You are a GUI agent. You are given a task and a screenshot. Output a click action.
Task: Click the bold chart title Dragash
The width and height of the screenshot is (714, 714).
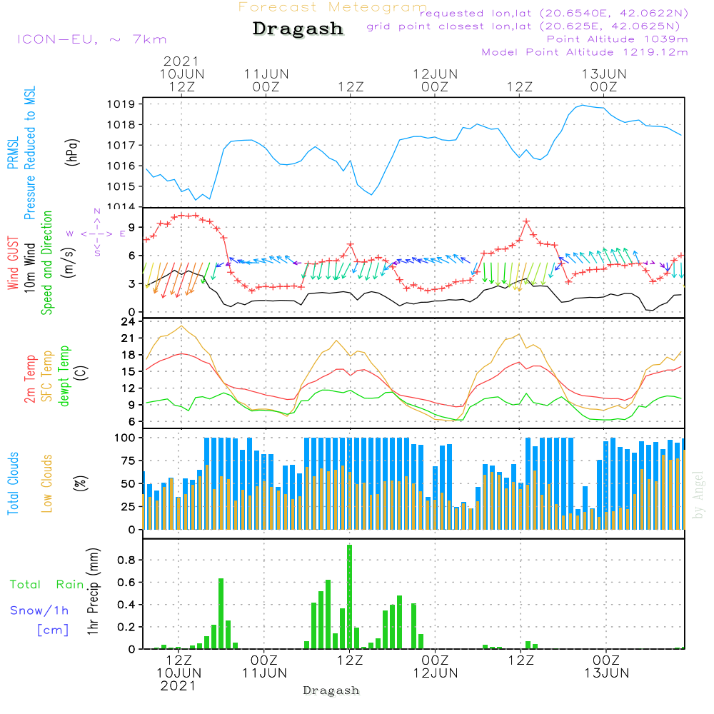click(x=298, y=29)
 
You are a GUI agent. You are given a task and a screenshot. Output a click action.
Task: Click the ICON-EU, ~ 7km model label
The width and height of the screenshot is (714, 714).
click(x=91, y=39)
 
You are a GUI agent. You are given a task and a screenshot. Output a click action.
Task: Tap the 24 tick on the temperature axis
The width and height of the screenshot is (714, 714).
click(x=129, y=321)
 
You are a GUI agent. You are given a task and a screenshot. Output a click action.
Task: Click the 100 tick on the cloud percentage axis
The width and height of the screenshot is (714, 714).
click(x=124, y=437)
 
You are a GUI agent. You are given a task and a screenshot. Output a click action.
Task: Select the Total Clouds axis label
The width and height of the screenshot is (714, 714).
click(x=14, y=483)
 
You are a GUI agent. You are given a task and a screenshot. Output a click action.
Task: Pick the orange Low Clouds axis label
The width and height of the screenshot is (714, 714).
click(x=47, y=483)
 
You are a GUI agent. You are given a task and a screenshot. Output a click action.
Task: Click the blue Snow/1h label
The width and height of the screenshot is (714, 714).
click(x=40, y=610)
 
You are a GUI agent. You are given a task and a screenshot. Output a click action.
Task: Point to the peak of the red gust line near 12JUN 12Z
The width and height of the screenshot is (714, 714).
click(x=527, y=221)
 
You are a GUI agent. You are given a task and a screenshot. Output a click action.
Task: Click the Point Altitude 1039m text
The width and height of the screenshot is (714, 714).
click(x=617, y=39)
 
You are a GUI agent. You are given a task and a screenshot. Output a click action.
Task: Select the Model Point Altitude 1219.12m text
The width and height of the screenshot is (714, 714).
click(x=585, y=51)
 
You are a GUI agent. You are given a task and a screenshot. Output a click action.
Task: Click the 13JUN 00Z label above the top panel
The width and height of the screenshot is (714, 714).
click(x=604, y=80)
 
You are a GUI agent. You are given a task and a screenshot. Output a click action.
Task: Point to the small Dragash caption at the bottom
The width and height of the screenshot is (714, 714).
click(x=331, y=690)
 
